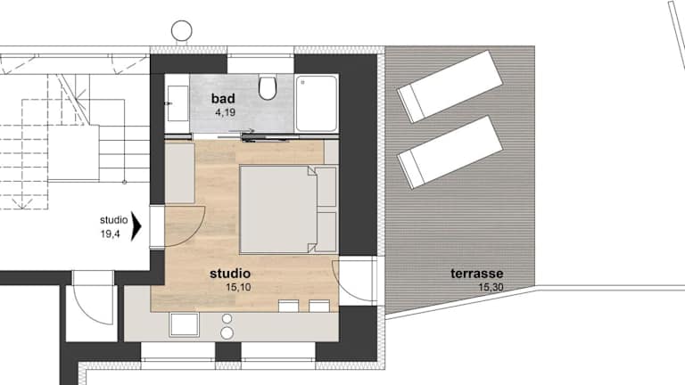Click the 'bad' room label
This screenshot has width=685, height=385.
223,99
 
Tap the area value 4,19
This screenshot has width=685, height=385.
225,112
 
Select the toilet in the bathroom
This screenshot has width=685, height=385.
268,87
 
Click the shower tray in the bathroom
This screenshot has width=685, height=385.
317,103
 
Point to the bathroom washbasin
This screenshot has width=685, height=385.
177,103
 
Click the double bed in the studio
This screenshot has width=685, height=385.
278,209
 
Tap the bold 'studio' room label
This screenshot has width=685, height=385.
230,274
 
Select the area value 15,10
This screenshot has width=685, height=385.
238,287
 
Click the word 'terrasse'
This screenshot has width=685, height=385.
476,274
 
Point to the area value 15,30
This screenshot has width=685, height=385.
491,287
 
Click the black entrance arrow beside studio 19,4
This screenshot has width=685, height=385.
136,226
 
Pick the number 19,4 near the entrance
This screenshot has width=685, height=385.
110,234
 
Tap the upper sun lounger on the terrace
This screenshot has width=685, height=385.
449,86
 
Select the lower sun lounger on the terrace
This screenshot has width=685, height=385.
450,152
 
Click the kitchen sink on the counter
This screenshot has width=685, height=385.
184,324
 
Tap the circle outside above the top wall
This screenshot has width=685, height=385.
181,30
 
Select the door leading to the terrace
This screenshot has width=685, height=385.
355,280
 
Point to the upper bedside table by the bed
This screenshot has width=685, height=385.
326,187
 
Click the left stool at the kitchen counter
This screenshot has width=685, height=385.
288,306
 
